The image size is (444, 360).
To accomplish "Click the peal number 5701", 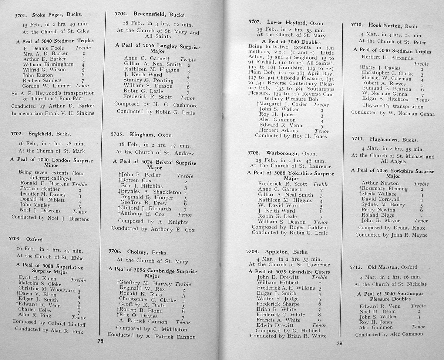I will (x=21, y=16).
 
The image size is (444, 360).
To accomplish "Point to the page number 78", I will (x=100, y=341).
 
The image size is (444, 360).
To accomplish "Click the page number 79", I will (x=339, y=343).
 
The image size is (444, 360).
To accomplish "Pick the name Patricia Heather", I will (x=40, y=189).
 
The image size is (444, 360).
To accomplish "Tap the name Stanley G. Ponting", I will (x=148, y=80).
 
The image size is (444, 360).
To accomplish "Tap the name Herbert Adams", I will (x=279, y=130).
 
